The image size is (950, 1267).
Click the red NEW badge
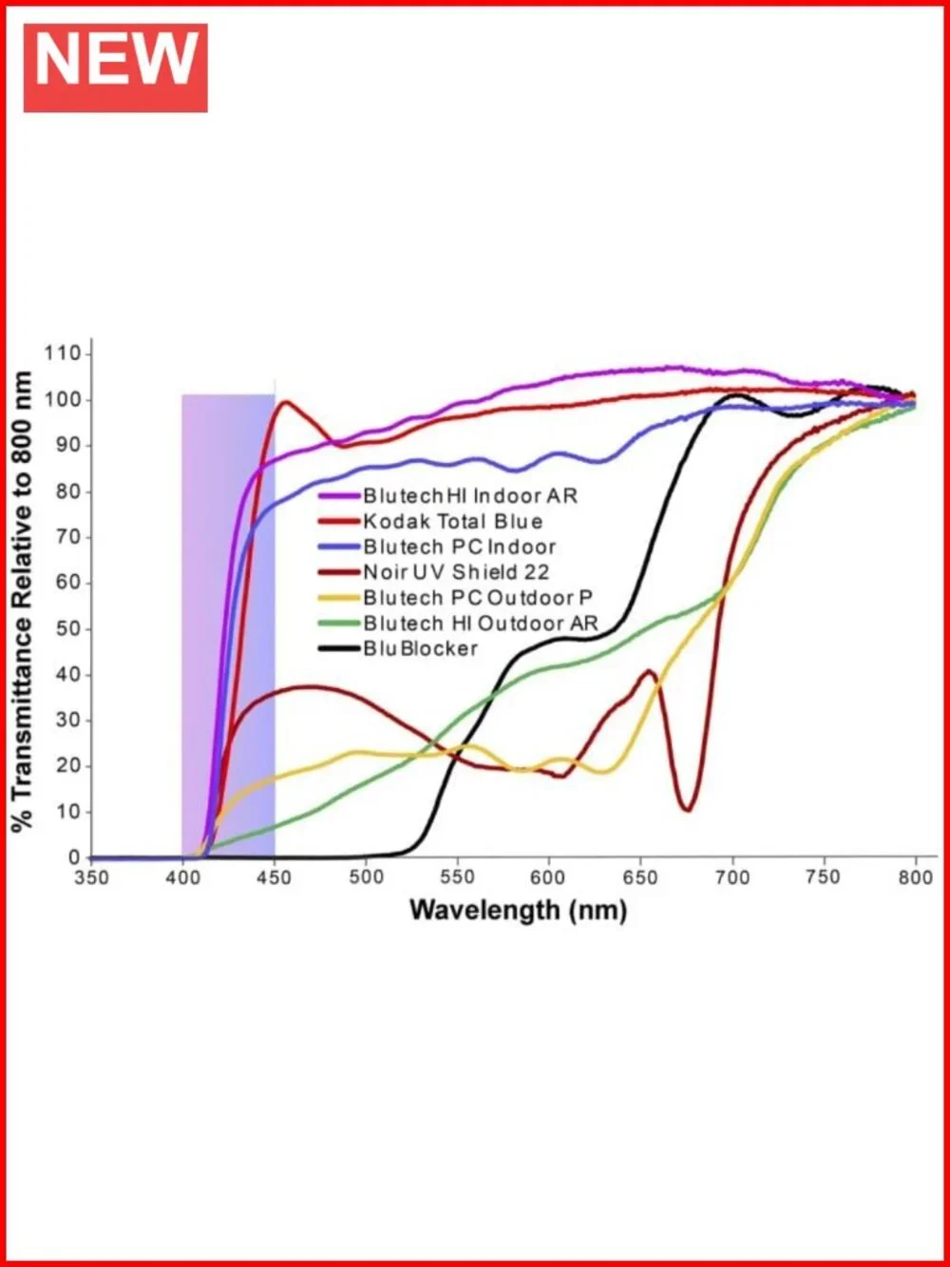115,68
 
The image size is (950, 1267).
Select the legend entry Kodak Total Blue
430,522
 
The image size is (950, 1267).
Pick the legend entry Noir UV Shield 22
434,572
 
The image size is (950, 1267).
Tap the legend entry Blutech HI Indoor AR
447,496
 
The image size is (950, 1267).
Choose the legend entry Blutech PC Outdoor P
456,598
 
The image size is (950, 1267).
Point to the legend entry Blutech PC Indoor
437,547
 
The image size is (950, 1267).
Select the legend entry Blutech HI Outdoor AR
459,624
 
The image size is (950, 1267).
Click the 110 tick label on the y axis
63,354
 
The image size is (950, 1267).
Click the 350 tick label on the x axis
92,878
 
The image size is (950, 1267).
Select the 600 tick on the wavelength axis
548,878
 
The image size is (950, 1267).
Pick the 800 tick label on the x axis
916,878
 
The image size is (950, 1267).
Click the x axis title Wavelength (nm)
518,911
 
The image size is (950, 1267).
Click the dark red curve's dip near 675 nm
688,810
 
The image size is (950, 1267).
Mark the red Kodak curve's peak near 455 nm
286,402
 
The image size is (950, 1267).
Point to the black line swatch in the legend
339,649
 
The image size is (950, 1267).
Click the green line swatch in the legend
339,624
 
